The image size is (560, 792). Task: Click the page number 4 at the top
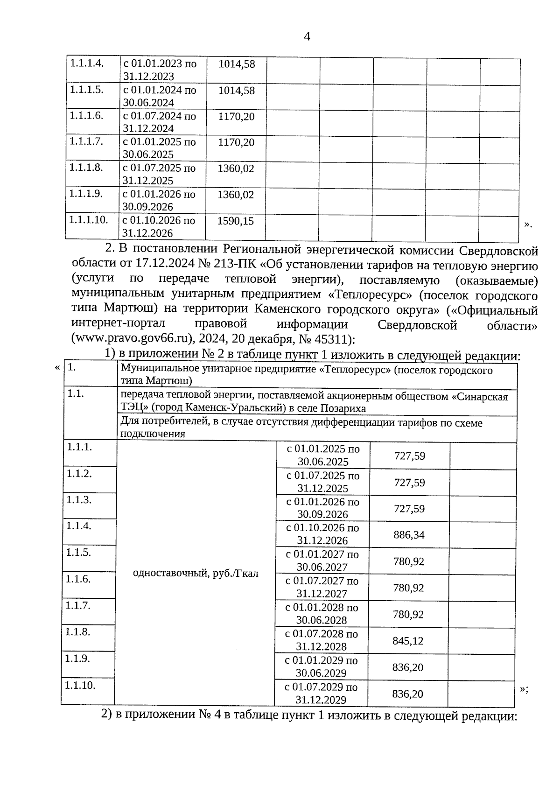click(x=307, y=36)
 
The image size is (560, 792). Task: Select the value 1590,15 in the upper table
click(x=236, y=221)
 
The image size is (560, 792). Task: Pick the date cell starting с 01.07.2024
click(x=159, y=122)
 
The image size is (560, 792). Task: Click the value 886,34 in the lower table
click(x=409, y=535)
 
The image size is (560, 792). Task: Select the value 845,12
click(x=407, y=641)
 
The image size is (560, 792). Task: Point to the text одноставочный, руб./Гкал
click(x=196, y=573)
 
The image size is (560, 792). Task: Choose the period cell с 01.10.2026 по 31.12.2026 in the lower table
click(x=322, y=534)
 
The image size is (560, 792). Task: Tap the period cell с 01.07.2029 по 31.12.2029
click(x=321, y=694)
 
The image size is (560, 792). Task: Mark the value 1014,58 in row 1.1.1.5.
click(x=237, y=91)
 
